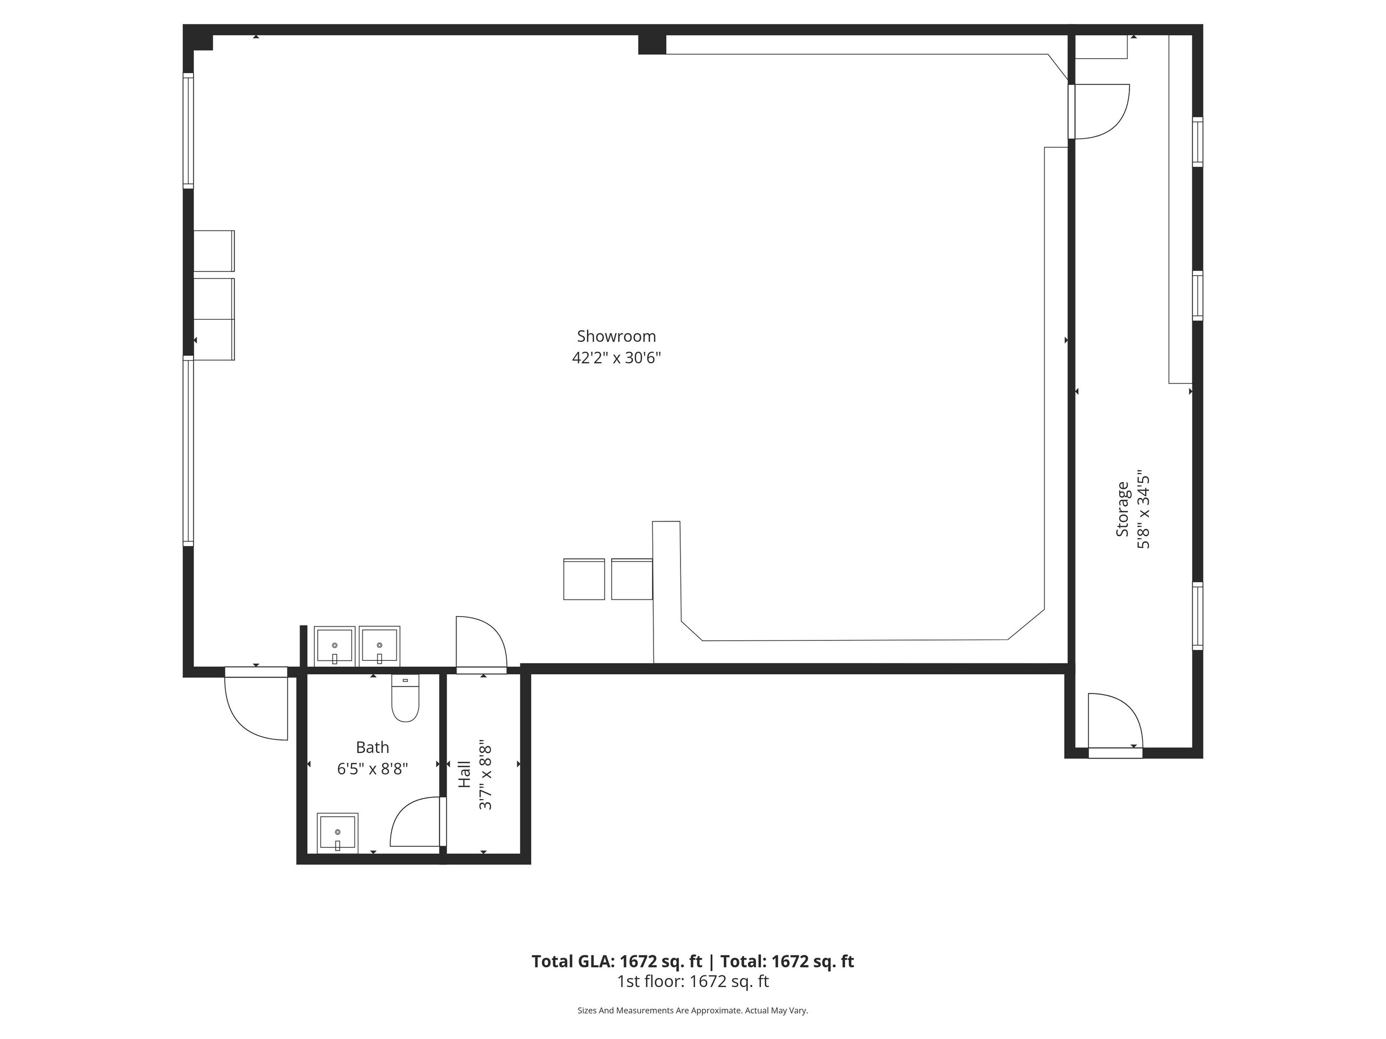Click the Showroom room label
click(616, 336)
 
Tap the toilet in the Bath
click(406, 698)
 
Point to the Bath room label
click(372, 747)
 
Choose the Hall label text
click(464, 774)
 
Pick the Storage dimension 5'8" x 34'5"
click(1144, 509)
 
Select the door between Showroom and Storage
click(1099, 112)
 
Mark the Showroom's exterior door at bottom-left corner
click(256, 703)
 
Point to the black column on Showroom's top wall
click(651, 45)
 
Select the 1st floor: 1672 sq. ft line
click(693, 981)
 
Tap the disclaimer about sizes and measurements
click(693, 1010)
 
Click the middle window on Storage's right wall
click(1197, 296)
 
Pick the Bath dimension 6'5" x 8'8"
click(373, 769)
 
